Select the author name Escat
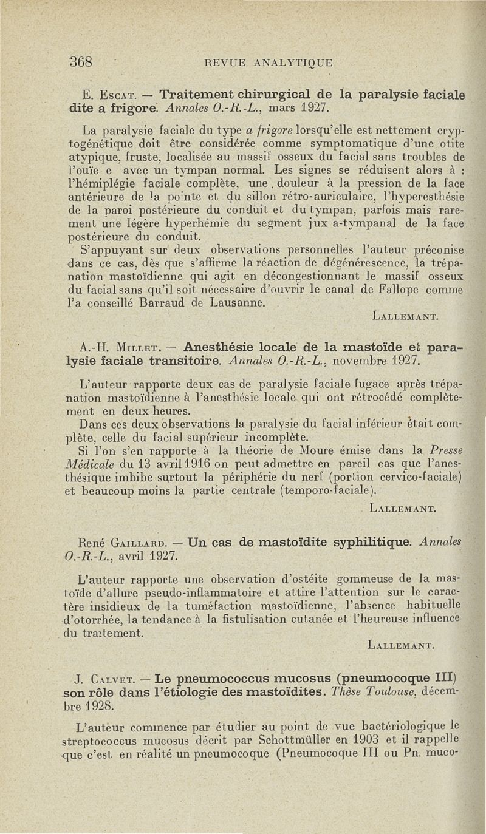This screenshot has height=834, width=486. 124,95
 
